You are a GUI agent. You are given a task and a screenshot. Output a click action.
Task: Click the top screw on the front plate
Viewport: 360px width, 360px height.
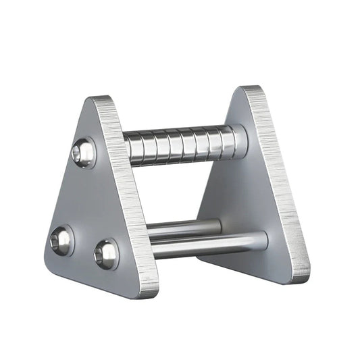point(82,153)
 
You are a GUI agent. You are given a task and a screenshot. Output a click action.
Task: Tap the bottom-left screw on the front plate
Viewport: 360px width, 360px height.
point(61,240)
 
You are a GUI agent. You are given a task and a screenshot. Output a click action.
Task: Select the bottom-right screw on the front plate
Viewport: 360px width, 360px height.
point(107,254)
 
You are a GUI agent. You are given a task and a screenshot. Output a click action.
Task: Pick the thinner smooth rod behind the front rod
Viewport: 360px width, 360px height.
point(182,227)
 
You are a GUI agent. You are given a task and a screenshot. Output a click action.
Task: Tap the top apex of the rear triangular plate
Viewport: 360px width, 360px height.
point(249,90)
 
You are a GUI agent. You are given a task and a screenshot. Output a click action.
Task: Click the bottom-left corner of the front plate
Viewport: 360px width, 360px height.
point(49,263)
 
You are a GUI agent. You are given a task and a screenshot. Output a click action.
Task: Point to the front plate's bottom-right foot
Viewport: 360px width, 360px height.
point(149,290)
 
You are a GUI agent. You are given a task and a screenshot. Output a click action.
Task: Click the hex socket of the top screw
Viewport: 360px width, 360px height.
point(83,153)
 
